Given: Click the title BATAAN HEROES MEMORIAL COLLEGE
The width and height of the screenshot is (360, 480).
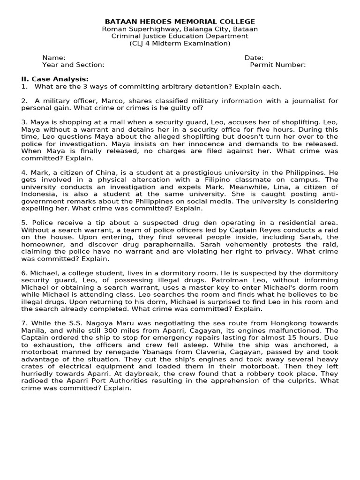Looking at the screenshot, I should point(180,22).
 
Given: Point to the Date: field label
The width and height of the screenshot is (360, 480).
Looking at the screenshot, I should point(254,58).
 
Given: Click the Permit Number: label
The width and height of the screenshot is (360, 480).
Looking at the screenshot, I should point(278,65).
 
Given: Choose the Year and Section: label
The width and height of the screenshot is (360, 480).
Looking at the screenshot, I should point(73,65).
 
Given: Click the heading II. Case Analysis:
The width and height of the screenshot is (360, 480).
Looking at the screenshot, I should point(55,79).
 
